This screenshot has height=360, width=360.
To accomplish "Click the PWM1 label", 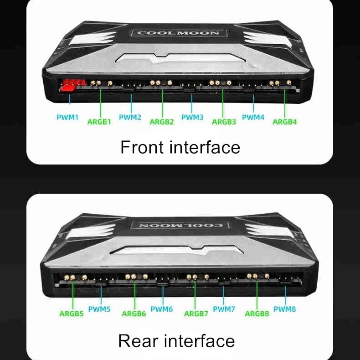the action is [67, 117].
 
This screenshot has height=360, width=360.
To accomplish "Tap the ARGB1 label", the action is [99, 122].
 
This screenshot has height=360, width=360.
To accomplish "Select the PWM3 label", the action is [192, 117].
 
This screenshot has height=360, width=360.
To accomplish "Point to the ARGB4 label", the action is [285, 122].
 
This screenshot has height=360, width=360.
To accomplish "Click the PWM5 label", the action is [99, 309].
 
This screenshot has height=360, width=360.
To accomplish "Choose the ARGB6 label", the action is [134, 314].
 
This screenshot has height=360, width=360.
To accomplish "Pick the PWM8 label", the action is [285, 309].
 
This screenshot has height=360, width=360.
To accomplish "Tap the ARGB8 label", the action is [257, 314].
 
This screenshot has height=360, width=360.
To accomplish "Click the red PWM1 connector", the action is [73, 85].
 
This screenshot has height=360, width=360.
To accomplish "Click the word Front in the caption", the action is [142, 147].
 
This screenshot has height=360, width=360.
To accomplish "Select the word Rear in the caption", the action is [138, 341].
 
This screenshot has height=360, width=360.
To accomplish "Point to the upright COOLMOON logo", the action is [178, 33].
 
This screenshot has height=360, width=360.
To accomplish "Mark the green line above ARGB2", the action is [163, 103].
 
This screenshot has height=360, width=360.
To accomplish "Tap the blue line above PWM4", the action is [253, 103].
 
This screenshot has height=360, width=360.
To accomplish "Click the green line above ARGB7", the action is [195, 295].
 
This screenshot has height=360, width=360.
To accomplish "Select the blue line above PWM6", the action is [163, 295].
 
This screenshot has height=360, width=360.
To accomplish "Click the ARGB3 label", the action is [224, 122].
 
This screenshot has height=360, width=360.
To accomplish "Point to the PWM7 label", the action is [224, 309].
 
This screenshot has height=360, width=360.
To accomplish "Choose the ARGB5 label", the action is [72, 314].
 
